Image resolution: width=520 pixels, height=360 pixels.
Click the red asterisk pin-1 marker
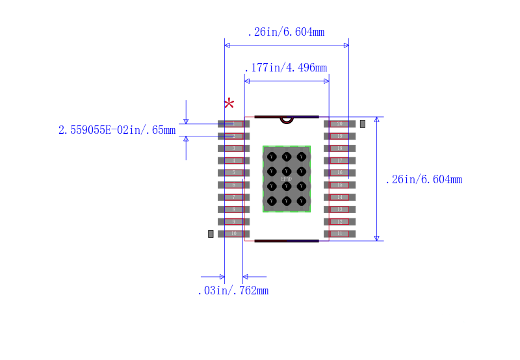click(x=229, y=104)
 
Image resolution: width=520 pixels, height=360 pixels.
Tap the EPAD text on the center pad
click(x=286, y=179)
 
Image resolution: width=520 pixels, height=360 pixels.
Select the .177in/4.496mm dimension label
click(x=285, y=68)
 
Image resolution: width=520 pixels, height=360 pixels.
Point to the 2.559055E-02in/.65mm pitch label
click(x=117, y=130)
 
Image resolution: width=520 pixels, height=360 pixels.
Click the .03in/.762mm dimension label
click(x=233, y=290)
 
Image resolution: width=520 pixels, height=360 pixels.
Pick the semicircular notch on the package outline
click(x=287, y=120)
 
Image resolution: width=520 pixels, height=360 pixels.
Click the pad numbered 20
click(x=339, y=123)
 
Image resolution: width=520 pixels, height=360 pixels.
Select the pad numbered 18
click(x=339, y=148)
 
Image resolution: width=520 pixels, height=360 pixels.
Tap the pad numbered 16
click(x=339, y=173)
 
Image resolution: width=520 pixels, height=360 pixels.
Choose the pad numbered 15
click(x=339, y=185)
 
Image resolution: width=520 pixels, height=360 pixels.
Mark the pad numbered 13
click(x=339, y=209)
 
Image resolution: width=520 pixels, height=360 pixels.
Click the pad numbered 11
click(x=339, y=233)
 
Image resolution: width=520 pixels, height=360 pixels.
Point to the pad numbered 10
click(x=233, y=233)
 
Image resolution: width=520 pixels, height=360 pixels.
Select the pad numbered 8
click(x=233, y=209)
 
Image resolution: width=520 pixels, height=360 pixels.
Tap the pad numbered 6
click(x=233, y=185)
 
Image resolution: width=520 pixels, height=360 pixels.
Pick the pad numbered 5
click(x=233, y=173)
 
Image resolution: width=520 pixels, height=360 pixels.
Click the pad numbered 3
click(x=233, y=148)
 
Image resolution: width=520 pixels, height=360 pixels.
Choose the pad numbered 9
click(x=233, y=222)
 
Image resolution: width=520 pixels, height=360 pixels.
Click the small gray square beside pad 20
click(x=363, y=123)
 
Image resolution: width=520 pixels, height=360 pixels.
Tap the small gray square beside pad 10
click(x=211, y=233)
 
